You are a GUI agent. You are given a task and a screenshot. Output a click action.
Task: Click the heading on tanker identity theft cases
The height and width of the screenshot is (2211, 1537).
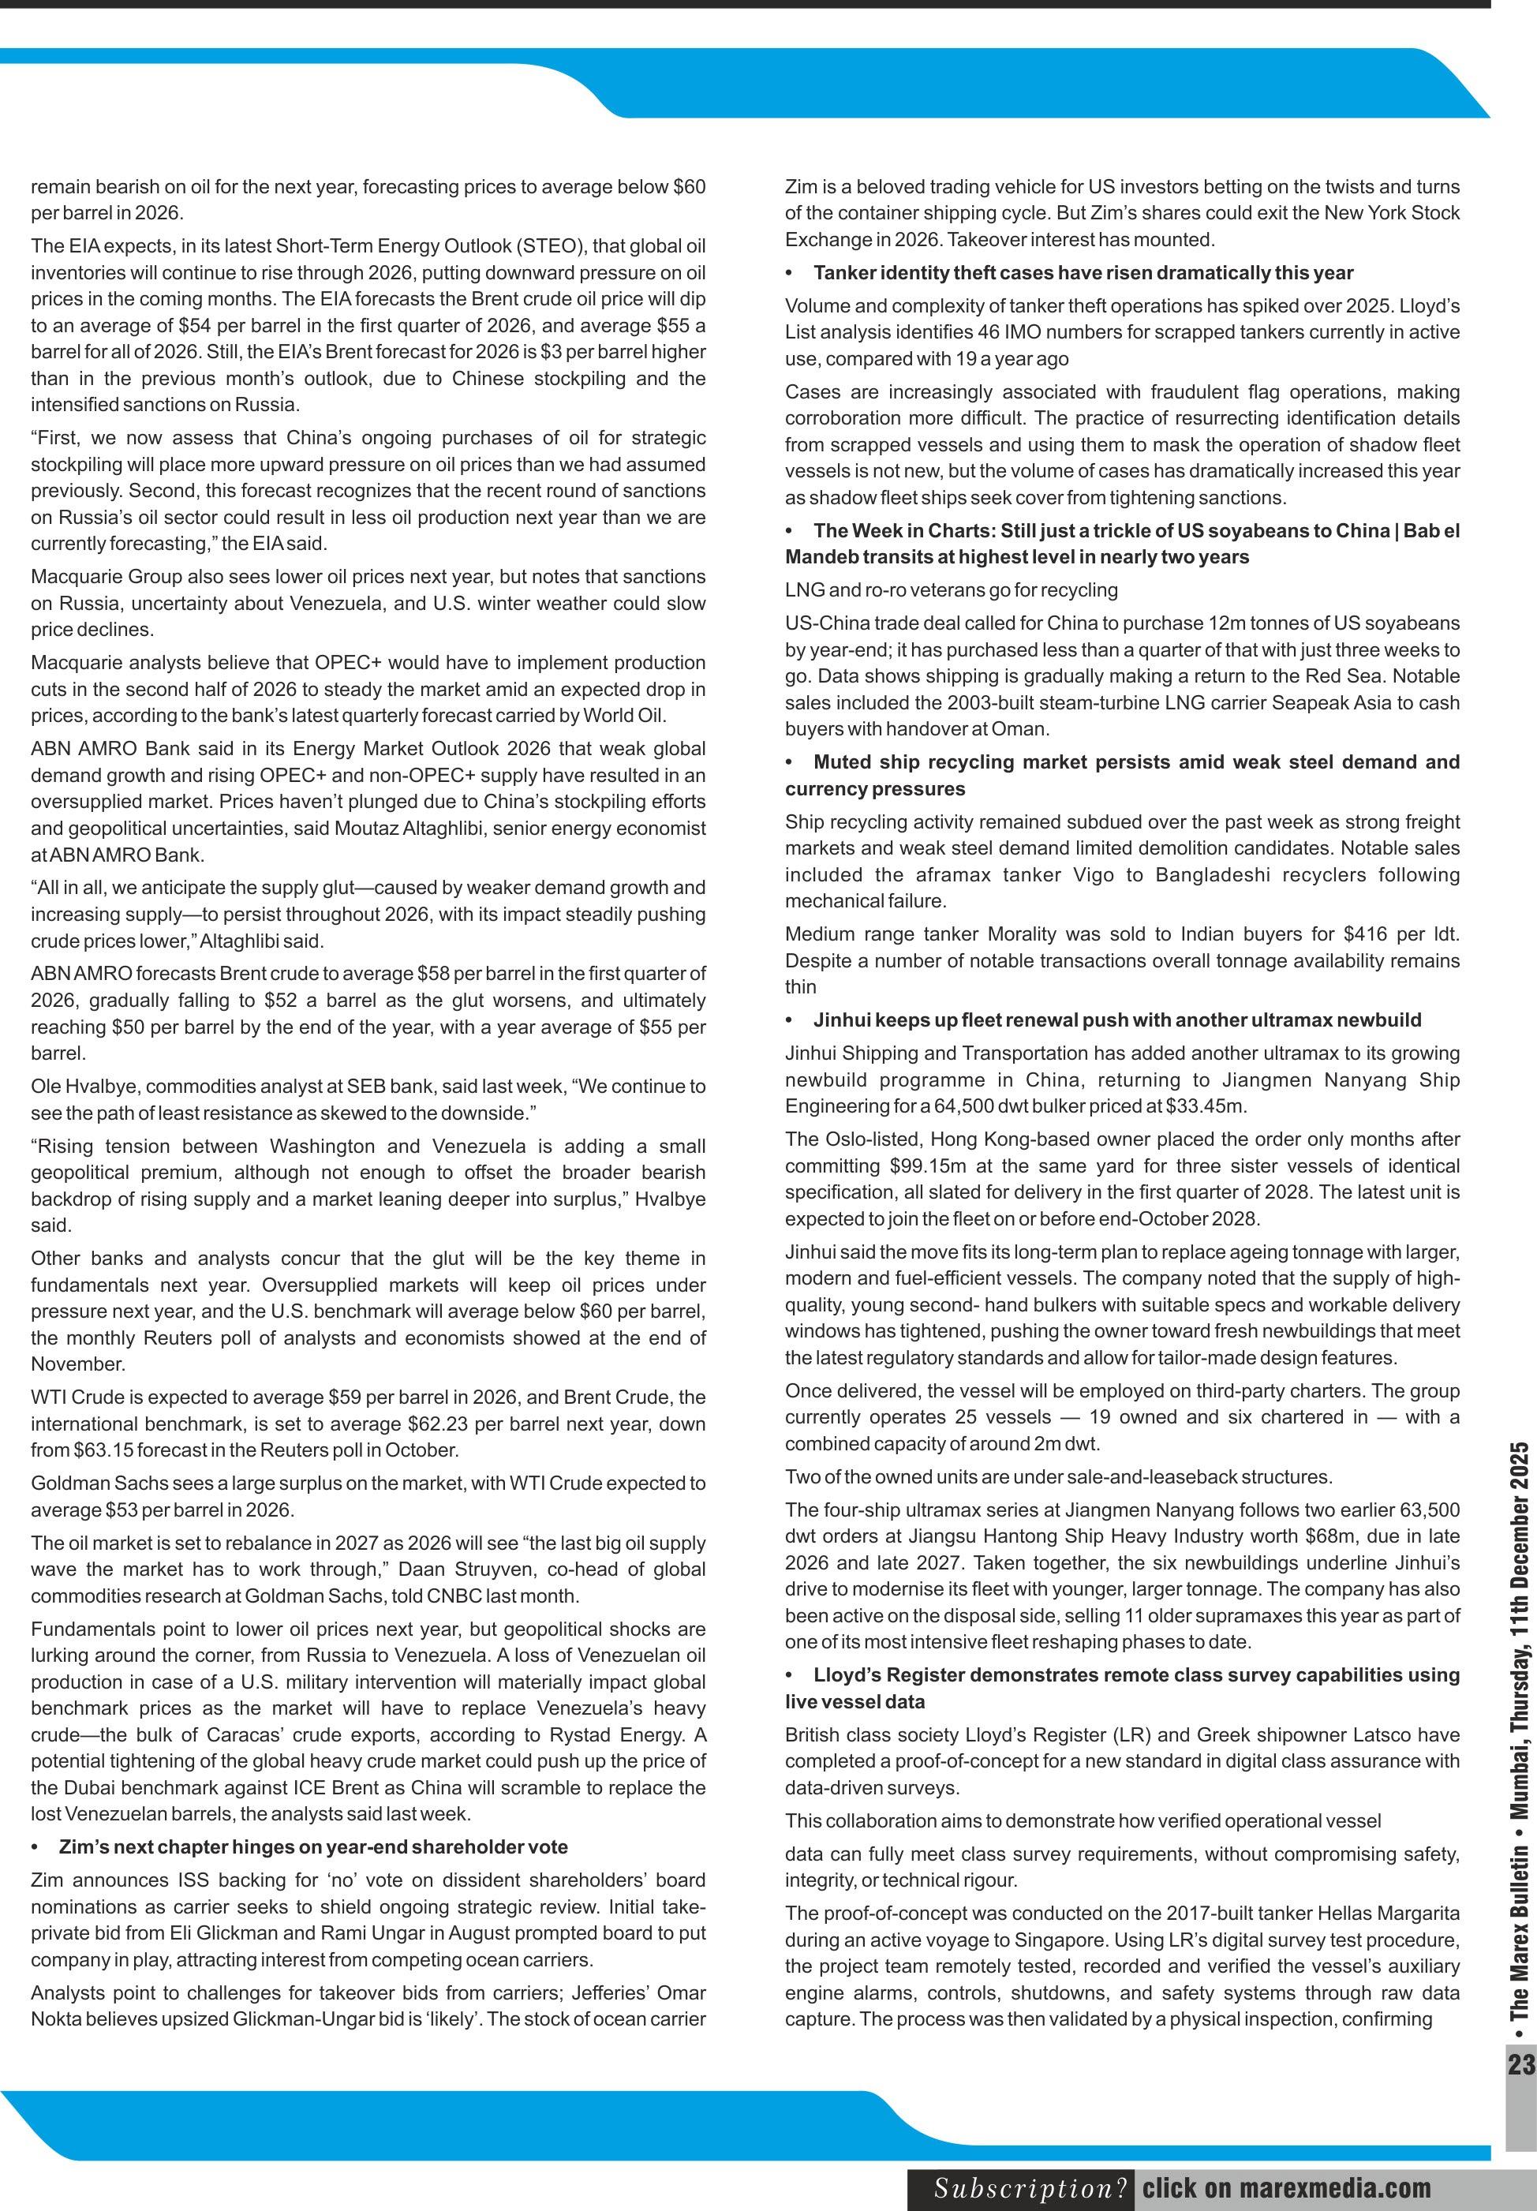point(1083,272)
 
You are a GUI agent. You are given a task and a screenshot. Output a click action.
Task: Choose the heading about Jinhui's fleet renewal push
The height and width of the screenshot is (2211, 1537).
point(1116,1019)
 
